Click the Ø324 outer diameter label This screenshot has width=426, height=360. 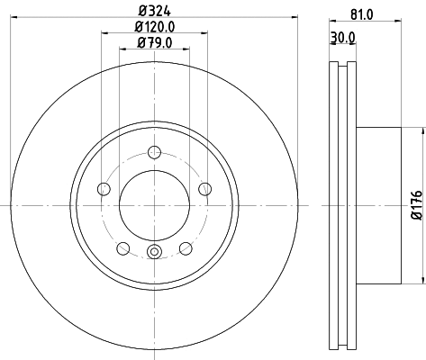click(154, 11)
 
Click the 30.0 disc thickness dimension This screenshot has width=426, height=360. click(342, 37)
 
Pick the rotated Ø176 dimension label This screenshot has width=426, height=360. click(416, 206)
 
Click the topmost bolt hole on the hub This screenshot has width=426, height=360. click(154, 151)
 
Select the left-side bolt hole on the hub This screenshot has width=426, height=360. click(103, 189)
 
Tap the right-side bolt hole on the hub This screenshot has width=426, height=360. click(205, 189)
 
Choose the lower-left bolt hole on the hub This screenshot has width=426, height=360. click(122, 248)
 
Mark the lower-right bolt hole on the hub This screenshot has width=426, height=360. click(186, 248)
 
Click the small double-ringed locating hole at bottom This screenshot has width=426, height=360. click(154, 253)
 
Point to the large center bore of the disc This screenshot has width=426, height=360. click(154, 206)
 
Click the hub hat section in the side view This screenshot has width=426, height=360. click(378, 206)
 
